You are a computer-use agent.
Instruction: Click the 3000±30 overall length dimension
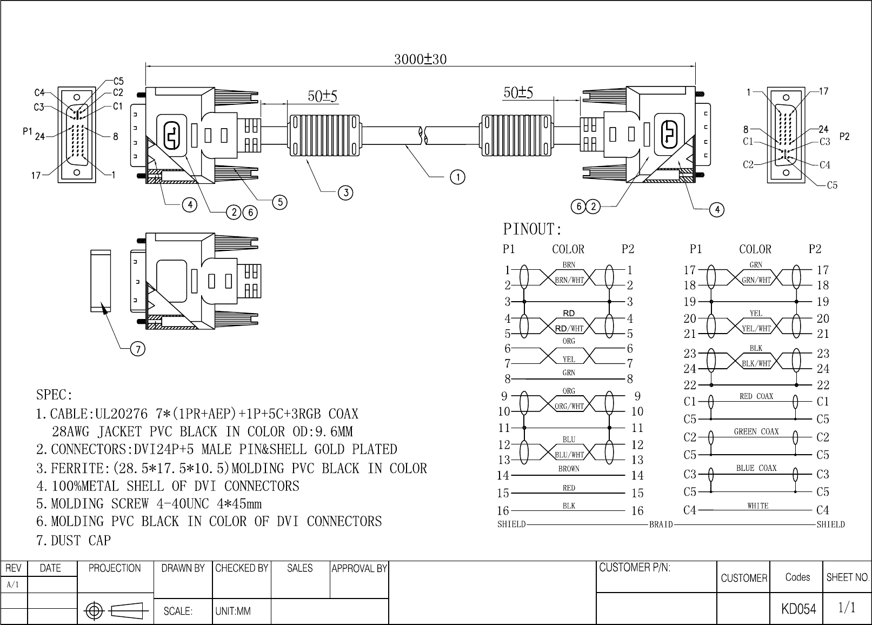tap(421, 59)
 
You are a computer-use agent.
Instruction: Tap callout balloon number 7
tap(138, 349)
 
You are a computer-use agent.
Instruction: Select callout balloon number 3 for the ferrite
tap(345, 192)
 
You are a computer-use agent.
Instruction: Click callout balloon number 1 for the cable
tap(457, 177)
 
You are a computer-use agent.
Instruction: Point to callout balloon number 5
tap(280, 202)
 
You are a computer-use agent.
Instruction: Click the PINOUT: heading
tap(532, 229)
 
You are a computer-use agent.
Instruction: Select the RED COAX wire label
tap(756, 396)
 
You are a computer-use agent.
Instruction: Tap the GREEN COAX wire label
tap(756, 431)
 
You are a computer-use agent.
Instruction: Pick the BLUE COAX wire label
tap(756, 468)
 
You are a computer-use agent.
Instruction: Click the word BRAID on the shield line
tap(661, 524)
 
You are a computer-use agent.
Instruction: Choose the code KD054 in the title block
tap(798, 609)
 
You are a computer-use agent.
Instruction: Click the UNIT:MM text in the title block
tap(233, 611)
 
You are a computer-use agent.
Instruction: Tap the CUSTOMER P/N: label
tap(635, 568)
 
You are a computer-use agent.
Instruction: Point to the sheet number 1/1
tap(847, 607)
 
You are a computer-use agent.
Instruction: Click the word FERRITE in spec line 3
tap(77, 468)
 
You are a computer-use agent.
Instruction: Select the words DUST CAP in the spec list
tap(81, 541)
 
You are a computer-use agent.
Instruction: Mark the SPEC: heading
tap(55, 395)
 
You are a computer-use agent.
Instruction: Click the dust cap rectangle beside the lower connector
tap(101, 281)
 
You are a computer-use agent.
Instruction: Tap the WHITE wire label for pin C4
tap(758, 506)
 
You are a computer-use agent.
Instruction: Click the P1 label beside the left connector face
tap(28, 131)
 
